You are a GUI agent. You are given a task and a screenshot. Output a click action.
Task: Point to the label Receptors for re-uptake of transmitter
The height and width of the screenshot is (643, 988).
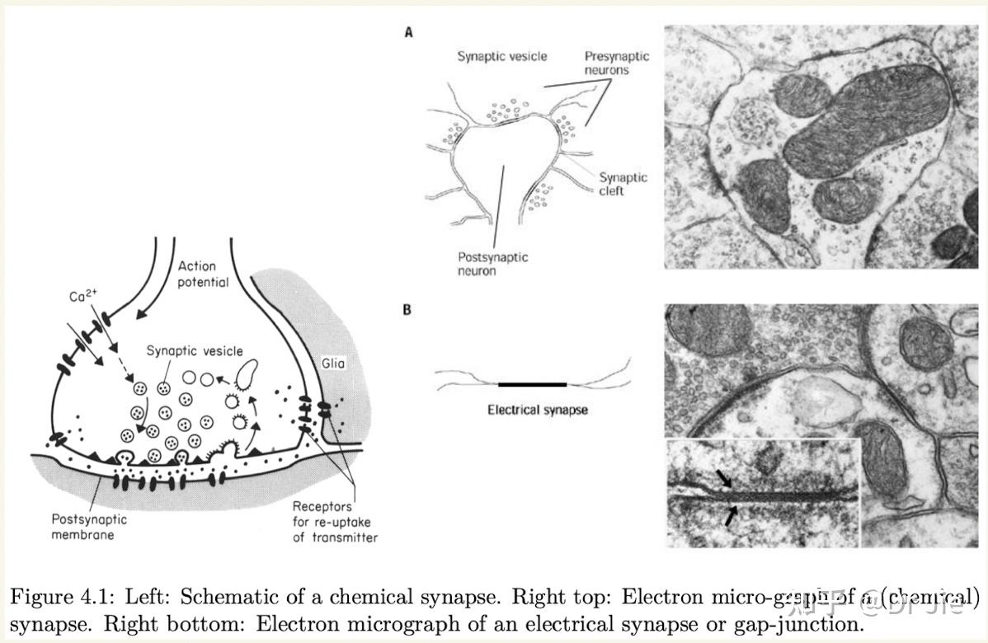click(334, 522)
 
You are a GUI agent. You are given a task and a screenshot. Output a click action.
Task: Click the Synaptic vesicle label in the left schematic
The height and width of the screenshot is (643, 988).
click(195, 351)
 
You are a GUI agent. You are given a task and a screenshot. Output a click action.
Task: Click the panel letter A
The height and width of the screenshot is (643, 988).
click(408, 33)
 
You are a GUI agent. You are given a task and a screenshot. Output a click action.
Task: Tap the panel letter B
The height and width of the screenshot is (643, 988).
click(407, 310)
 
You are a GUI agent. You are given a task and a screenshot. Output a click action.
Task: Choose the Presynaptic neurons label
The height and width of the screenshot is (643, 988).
click(617, 63)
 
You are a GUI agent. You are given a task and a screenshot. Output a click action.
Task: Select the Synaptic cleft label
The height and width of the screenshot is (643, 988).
click(623, 184)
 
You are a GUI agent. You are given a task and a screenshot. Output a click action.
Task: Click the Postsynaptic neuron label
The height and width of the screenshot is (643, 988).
click(492, 264)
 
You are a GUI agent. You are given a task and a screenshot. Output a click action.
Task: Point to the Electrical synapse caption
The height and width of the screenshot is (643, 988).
click(538, 409)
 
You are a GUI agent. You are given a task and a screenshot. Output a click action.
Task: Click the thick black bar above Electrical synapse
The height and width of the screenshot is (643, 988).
click(533, 384)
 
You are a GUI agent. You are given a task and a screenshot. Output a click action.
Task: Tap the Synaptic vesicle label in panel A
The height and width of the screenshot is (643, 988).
click(501, 57)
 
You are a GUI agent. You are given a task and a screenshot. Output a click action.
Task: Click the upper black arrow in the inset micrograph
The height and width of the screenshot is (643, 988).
click(723, 478)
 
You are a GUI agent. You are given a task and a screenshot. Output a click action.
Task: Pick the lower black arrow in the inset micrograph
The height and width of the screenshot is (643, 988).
click(731, 516)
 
